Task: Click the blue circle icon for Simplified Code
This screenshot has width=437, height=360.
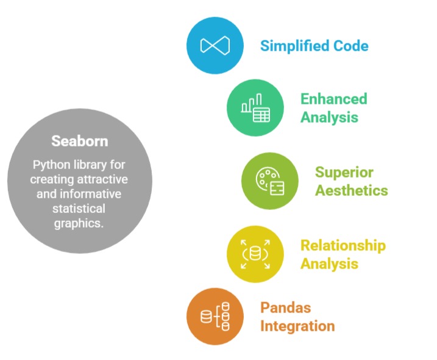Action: coord(215,46)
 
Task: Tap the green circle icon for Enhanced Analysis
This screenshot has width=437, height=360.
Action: coord(255,108)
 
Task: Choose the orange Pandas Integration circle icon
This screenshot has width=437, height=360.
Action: coord(215,317)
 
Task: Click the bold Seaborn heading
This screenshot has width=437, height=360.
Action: coord(79,141)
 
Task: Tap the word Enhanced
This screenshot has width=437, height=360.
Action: coord(333,99)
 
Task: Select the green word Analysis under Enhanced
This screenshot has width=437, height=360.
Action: coord(329,117)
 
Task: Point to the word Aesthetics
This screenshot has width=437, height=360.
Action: coord(351,190)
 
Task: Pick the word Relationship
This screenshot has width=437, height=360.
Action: coord(343,245)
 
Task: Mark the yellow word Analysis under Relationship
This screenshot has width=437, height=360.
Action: coord(329,264)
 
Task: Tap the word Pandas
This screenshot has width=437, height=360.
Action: coord(285,308)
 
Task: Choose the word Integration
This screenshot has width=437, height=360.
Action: coord(297,326)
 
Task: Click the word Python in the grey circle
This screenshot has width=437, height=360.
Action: coord(50,165)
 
